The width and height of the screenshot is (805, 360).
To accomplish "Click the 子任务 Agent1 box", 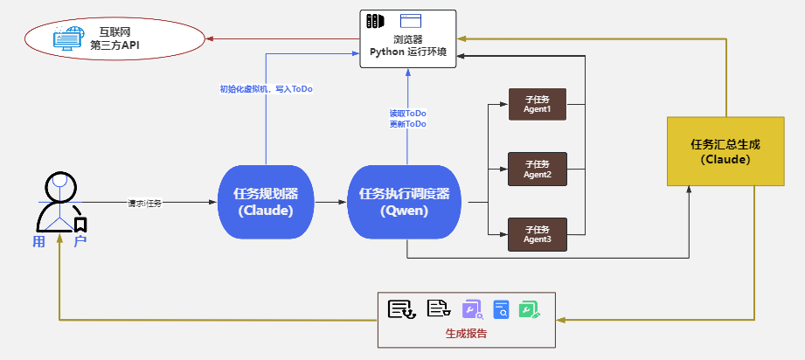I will pos(537,104).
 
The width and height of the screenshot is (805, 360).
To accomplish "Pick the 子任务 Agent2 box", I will pos(537,169).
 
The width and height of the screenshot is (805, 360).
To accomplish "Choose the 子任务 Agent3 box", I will pos(537,233).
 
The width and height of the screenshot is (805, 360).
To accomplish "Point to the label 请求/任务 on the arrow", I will pos(145,203).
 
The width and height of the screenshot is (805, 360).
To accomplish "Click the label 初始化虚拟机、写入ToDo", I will pos(266,89).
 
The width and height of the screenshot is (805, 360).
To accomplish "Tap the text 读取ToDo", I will pos(408,114).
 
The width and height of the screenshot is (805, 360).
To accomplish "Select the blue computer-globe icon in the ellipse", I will pos(69,37).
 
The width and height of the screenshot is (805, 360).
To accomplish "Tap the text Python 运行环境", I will pos(408,52).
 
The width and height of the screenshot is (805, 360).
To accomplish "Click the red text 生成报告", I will pos(466,334).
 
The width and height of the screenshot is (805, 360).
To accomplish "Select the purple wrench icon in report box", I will pos(470,308).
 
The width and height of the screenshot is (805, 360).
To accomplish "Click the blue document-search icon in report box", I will pos(501,308).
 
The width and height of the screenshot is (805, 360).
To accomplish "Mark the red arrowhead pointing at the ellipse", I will pos(208,38).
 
